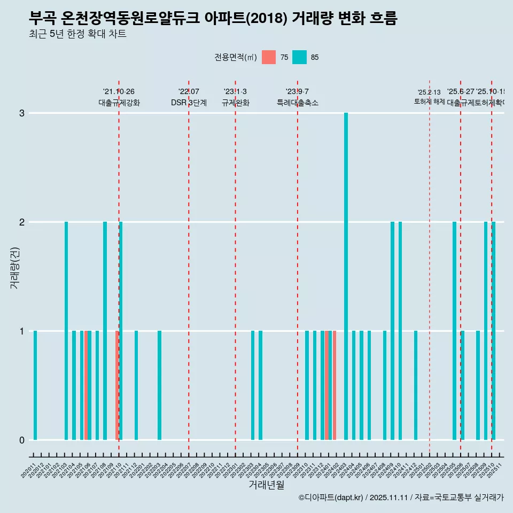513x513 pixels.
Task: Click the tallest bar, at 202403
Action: click(346, 276)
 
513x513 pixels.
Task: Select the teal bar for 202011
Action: click(35, 385)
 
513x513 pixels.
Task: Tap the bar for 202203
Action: click(159, 385)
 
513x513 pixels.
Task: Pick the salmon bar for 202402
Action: click(335, 385)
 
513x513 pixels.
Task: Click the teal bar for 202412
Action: click(416, 385)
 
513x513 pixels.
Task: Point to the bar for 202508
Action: click(478, 385)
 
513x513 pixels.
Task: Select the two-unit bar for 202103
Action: click(66, 331)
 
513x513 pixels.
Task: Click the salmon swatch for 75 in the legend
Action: click(269, 57)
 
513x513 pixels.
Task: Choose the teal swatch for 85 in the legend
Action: click(300, 57)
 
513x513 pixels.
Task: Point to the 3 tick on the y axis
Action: click(22, 113)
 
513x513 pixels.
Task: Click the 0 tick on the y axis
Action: click(22, 440)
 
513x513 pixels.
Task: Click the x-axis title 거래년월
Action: click(266, 485)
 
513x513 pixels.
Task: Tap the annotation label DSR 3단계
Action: click(189, 103)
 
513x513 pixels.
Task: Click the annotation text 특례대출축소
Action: click(297, 103)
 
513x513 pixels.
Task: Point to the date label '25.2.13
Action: click(429, 92)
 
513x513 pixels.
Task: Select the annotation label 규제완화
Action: click(235, 103)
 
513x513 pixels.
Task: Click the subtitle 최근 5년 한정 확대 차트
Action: click(78, 35)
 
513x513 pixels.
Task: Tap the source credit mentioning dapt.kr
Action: click(401, 498)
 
